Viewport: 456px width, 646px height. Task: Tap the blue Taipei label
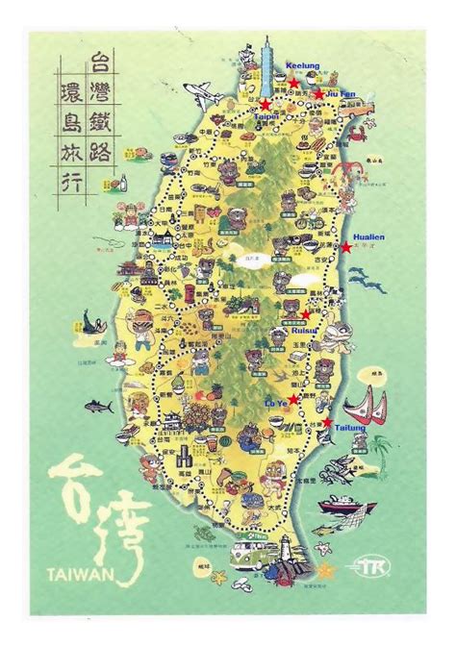266,116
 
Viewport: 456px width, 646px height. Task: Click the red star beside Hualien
346,247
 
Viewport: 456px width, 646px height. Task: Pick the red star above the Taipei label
265,104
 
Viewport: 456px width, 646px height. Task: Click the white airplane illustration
204,93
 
